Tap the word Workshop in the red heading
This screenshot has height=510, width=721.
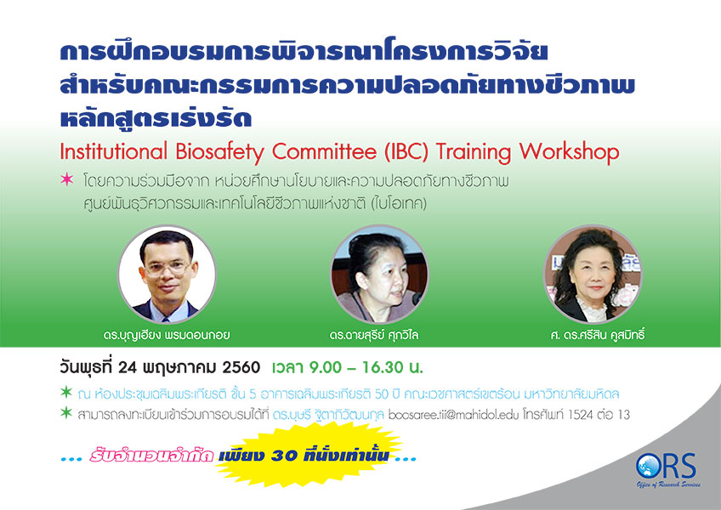click(x=570, y=152)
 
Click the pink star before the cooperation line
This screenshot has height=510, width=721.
click(x=66, y=178)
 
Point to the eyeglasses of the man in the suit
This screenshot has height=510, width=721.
click(x=167, y=267)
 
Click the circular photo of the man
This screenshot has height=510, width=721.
click(x=167, y=274)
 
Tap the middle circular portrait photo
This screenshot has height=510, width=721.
click(x=379, y=274)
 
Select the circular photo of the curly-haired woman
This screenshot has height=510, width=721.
click(x=593, y=274)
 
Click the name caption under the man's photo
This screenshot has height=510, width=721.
click(x=167, y=335)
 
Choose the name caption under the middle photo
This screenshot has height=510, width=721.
click(x=374, y=335)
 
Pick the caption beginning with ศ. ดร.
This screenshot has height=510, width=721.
click(x=598, y=335)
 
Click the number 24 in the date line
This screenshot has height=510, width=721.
click(x=128, y=368)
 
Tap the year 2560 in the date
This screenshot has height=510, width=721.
click(x=241, y=368)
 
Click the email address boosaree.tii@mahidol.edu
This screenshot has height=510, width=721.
click(x=453, y=415)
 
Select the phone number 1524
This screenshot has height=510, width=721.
click(x=582, y=415)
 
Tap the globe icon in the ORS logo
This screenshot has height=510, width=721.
click(x=648, y=466)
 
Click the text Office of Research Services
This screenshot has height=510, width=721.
click(x=668, y=484)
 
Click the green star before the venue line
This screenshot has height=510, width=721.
click(x=66, y=392)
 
